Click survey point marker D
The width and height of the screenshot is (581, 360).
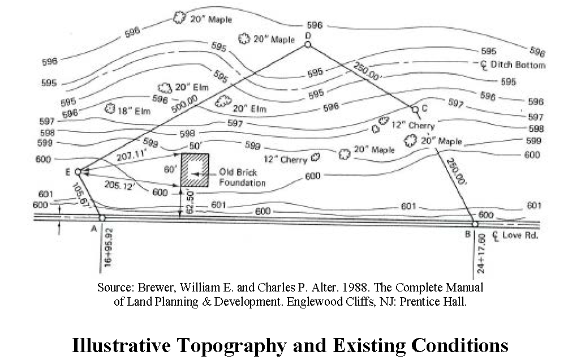308,44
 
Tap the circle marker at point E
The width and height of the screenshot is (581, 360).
78,171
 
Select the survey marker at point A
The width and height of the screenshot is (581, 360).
102,218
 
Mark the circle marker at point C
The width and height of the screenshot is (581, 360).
415,109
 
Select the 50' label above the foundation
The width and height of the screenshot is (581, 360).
195,147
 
